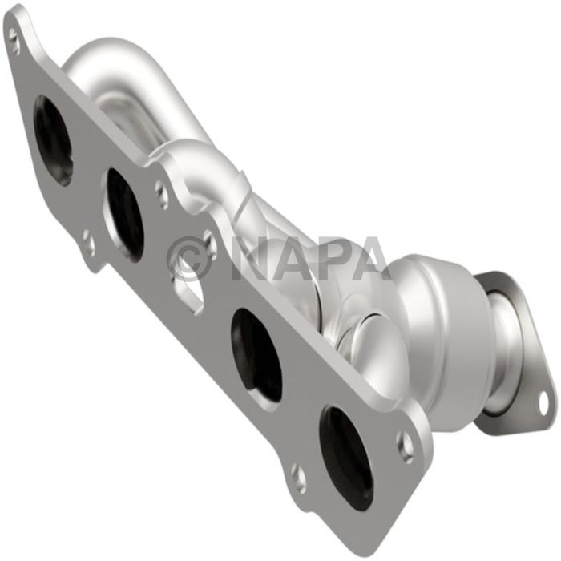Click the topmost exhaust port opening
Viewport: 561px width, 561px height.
coord(53,140)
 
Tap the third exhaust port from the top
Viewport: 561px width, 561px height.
coord(256,344)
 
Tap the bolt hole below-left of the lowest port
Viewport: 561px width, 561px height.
coord(298,478)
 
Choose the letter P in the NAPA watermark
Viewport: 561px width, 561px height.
coord(330,258)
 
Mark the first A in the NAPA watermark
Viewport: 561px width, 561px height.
coord(290,258)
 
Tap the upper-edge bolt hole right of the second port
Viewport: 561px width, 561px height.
coord(163,192)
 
